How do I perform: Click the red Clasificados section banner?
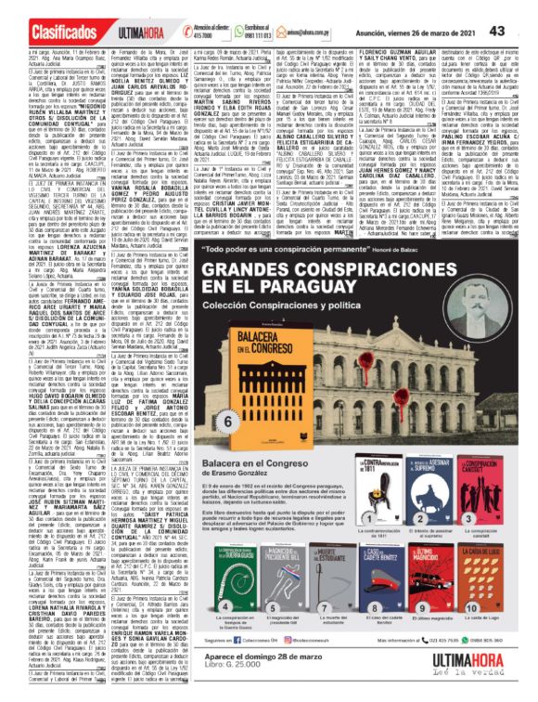coord(46,12)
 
